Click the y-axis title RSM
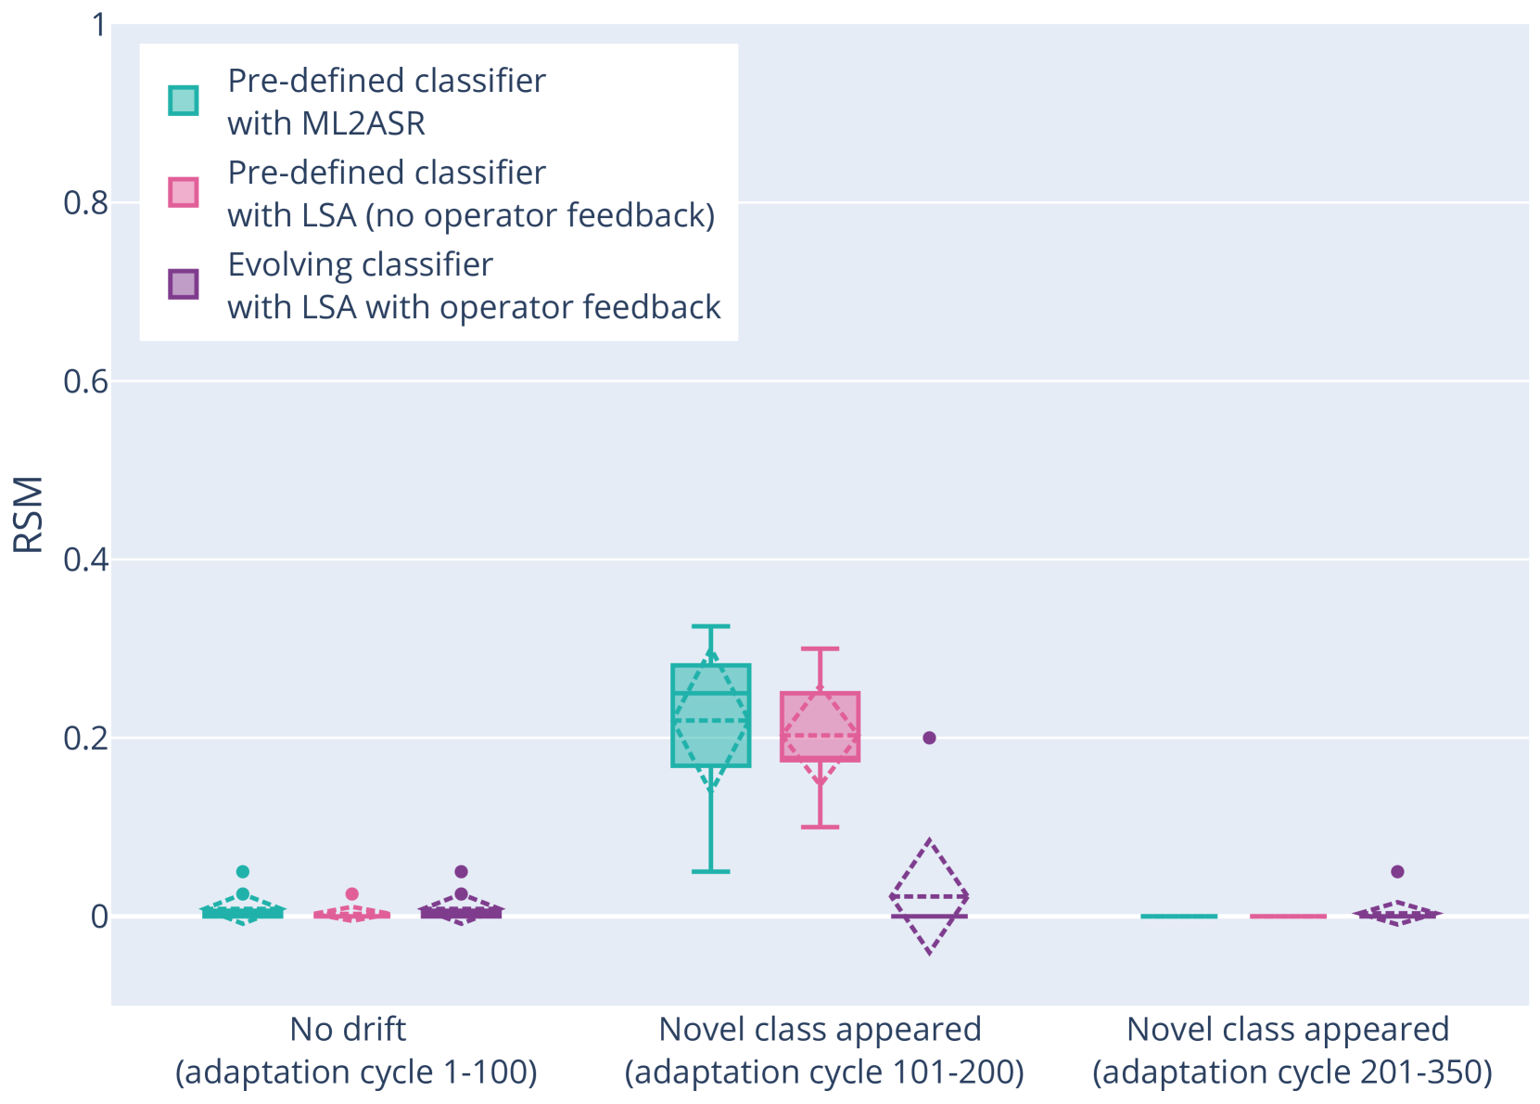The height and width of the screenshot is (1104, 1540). click(x=29, y=515)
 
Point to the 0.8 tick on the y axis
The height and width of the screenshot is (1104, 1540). click(x=85, y=202)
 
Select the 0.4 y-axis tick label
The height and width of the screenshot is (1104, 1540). click(x=85, y=559)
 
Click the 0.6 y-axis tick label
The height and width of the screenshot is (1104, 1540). click(x=85, y=381)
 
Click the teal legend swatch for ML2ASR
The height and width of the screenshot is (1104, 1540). click(x=184, y=100)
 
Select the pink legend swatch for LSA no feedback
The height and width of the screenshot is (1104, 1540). click(x=184, y=192)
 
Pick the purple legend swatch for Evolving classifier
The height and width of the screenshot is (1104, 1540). click(x=184, y=284)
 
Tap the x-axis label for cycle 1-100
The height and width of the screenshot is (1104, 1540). click(x=356, y=1050)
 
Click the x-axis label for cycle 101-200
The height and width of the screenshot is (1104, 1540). click(x=823, y=1050)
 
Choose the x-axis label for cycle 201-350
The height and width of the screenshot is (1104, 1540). click(x=1292, y=1050)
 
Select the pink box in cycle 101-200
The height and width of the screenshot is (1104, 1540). click(x=820, y=742)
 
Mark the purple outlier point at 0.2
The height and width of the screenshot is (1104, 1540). click(x=929, y=738)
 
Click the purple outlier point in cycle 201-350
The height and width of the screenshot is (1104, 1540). click(x=1397, y=872)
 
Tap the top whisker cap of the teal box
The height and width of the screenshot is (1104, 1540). click(x=711, y=626)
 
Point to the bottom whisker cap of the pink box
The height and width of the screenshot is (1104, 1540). click(x=820, y=827)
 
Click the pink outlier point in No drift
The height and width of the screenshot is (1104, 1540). click(x=351, y=894)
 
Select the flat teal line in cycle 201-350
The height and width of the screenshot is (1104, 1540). click(x=1178, y=917)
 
